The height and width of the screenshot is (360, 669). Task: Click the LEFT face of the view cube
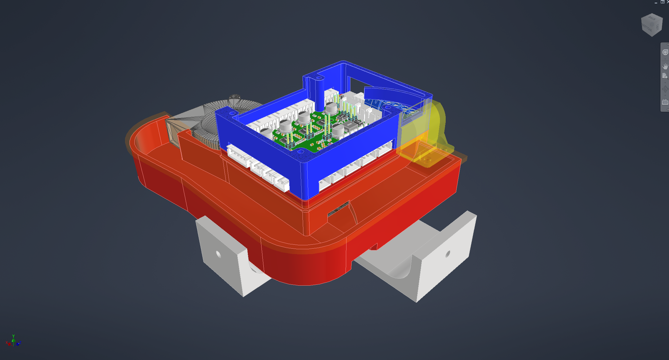pyautogui.click(x=657, y=27)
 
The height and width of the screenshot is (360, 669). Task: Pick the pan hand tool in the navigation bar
pyautogui.click(x=665, y=66)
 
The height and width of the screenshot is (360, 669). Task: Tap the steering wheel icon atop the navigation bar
pyautogui.click(x=665, y=53)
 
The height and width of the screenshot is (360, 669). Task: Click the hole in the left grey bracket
pyautogui.click(x=218, y=254)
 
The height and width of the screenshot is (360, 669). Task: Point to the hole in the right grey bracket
pyautogui.click(x=448, y=253)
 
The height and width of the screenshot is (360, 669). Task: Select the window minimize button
pyautogui.click(x=656, y=2)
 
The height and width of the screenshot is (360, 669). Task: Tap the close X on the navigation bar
pyautogui.click(x=667, y=44)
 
